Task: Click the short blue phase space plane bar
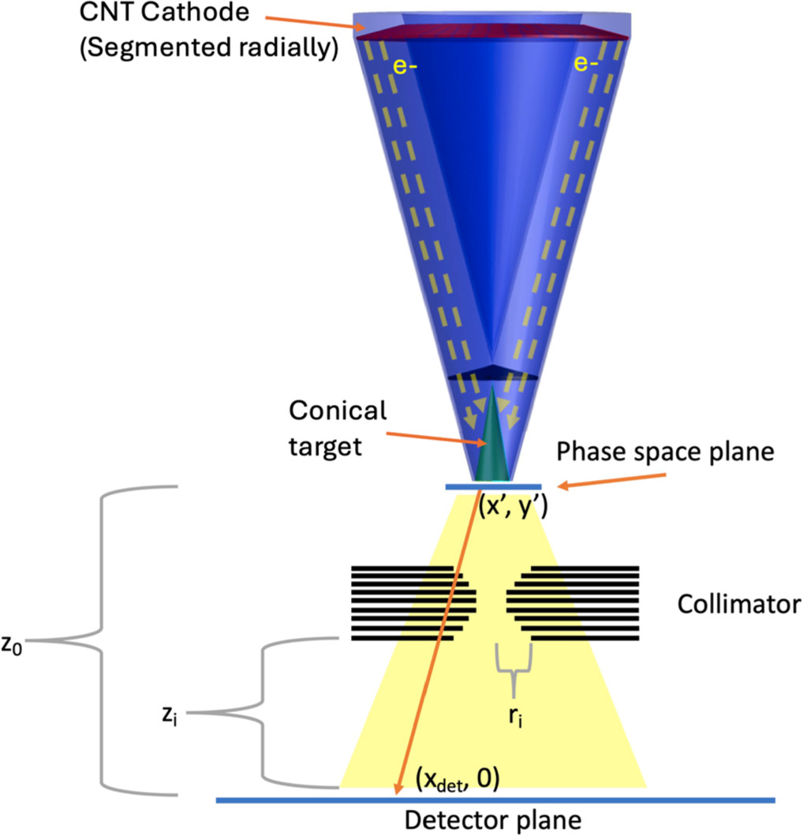pyautogui.click(x=493, y=487)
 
